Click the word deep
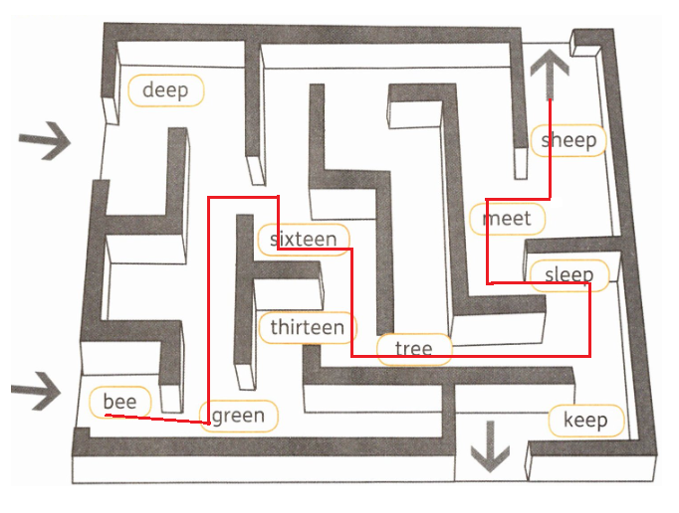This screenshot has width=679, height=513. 165,90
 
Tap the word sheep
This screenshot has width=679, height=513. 568,140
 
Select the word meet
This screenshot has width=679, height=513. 507,218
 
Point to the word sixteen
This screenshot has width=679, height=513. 304,240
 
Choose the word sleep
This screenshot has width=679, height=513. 568,274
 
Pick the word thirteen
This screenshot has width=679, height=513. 308,327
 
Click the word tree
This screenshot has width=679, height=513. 413,348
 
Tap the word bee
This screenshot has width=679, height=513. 119,402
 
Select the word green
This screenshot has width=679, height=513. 239,416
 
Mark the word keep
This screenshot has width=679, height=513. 585,420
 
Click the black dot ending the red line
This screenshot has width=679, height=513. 557,202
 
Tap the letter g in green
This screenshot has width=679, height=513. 218,418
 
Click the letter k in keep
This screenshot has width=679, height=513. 568,420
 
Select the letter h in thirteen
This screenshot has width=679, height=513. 284,327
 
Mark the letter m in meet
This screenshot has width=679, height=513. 491,218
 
